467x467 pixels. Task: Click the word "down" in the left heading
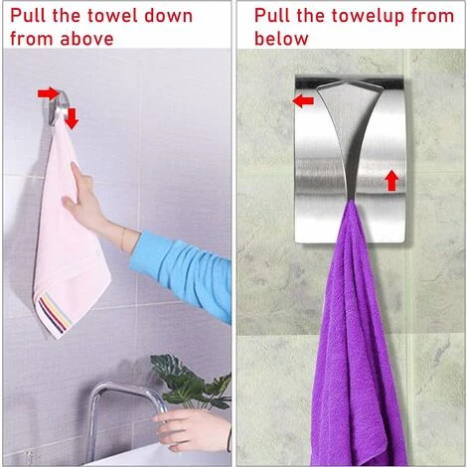click(x=168, y=16)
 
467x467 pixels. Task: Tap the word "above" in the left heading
click(x=86, y=39)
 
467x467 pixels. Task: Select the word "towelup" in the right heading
click(x=368, y=17)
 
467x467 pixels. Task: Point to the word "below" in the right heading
click(x=281, y=39)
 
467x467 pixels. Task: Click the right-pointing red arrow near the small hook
click(x=48, y=93)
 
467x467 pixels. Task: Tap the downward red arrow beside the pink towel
click(x=72, y=118)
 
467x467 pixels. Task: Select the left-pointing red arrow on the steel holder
click(x=303, y=100)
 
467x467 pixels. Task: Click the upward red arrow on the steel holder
click(x=391, y=181)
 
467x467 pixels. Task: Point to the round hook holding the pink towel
click(x=59, y=105)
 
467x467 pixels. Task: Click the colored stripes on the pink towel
click(x=55, y=314)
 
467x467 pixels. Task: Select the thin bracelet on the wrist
click(x=123, y=239)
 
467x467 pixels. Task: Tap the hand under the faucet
click(x=192, y=430)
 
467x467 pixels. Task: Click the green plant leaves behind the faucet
click(x=191, y=381)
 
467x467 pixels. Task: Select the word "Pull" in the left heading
click(x=28, y=16)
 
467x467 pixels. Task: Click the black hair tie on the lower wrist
click(x=229, y=439)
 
